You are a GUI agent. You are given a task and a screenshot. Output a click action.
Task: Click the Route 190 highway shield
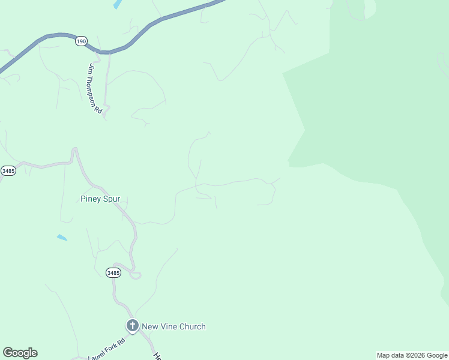coord(82,41)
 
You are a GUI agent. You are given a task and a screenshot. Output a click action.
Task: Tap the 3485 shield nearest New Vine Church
coord(113,272)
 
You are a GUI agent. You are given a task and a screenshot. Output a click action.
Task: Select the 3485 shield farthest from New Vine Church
coord(8,170)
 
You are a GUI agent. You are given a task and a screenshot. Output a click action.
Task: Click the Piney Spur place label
coord(104,199)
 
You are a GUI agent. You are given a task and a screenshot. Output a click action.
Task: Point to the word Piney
coord(92,199)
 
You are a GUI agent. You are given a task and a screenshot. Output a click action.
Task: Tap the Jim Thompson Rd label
coord(95,88)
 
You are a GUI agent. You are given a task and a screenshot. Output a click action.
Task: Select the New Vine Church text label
coord(173,326)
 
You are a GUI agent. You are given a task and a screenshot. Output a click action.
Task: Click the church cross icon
coord(132,326)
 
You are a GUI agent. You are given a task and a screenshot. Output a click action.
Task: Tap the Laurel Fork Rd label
coord(106,349)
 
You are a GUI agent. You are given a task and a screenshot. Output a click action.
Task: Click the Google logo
coord(20,353)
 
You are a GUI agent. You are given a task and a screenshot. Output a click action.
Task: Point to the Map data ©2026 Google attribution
coord(412,355)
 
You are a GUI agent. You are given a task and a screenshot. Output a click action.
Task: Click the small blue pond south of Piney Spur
coord(62,238)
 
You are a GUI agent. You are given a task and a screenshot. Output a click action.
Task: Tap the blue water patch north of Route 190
coord(117,4)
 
